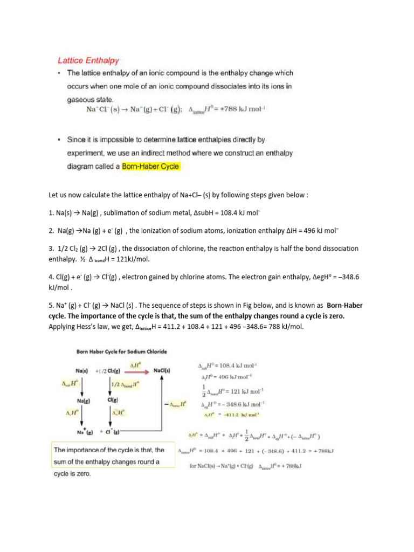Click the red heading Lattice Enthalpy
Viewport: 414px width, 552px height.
pos(88,61)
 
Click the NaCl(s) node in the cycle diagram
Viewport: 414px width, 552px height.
pos(162,371)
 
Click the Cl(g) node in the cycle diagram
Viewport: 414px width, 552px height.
pos(114,401)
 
